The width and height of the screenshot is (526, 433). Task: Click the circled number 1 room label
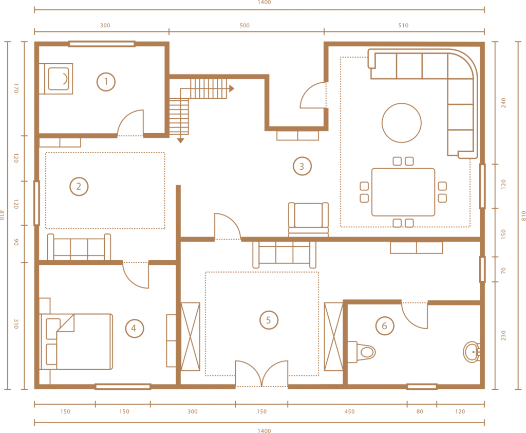click(x=106, y=82)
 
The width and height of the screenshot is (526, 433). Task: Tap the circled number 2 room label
click(x=79, y=187)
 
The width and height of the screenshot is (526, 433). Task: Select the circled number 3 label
click(x=302, y=166)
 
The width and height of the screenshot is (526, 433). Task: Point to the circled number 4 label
click(x=134, y=328)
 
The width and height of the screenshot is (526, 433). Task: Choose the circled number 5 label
click(x=269, y=320)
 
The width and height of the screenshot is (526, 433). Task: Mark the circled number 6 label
click(x=384, y=326)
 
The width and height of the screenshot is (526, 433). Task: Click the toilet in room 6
click(x=361, y=352)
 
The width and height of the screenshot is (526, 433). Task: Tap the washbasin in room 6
click(x=472, y=352)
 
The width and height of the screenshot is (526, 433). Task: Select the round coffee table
click(x=402, y=123)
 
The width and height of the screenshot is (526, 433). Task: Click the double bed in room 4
click(x=76, y=341)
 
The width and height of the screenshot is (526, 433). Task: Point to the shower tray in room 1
click(x=56, y=79)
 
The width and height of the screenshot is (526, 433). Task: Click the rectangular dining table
click(x=403, y=192)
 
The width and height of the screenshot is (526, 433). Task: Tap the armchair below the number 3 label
click(x=308, y=219)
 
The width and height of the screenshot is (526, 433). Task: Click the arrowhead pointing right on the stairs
click(x=232, y=88)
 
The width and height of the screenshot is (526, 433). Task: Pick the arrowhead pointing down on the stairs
click(x=181, y=141)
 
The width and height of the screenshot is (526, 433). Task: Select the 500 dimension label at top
click(x=245, y=26)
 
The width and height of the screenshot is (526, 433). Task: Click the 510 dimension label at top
click(x=403, y=26)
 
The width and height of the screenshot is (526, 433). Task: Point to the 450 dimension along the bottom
click(x=349, y=411)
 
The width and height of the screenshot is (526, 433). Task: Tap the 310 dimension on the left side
click(x=16, y=324)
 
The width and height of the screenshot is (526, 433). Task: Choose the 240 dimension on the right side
click(x=503, y=103)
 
